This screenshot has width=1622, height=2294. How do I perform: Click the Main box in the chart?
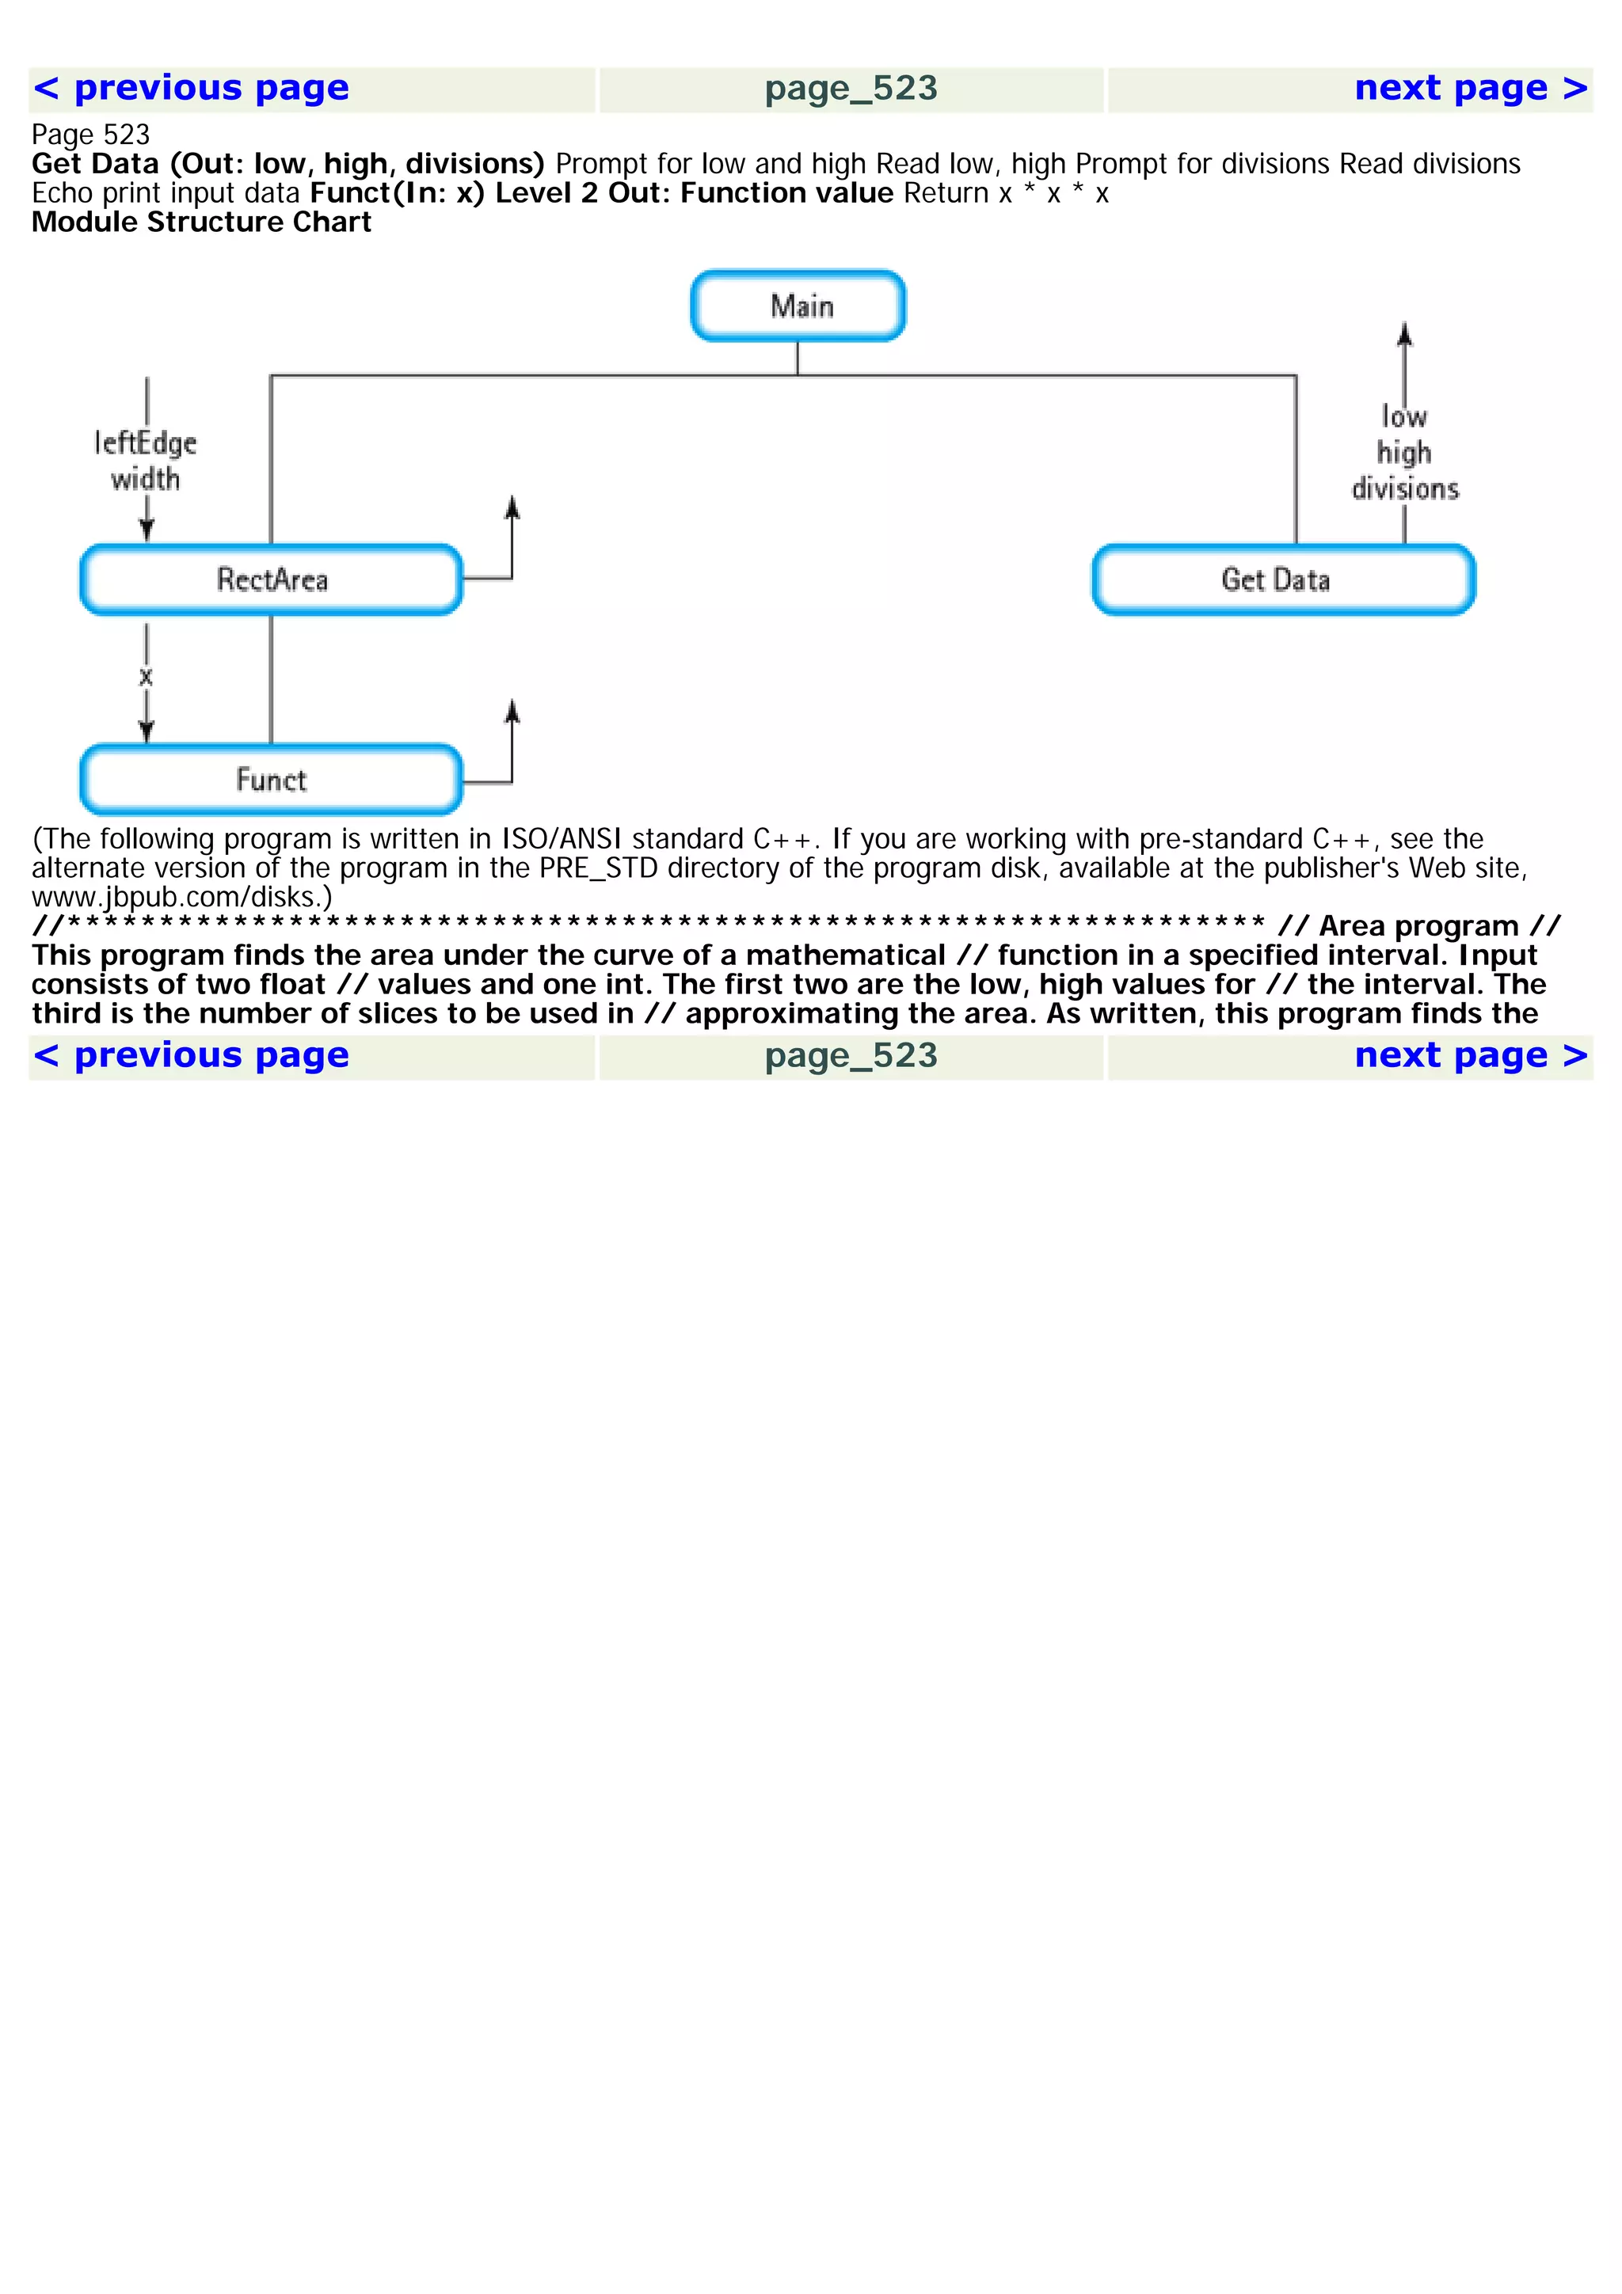click(x=798, y=306)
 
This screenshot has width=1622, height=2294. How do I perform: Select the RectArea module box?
click(x=271, y=579)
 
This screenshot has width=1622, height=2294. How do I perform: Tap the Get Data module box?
click(x=1283, y=579)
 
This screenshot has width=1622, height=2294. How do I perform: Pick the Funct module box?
click(x=271, y=780)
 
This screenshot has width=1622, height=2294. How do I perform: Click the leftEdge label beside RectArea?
click(x=146, y=442)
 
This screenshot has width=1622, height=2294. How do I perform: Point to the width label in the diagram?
click(x=146, y=480)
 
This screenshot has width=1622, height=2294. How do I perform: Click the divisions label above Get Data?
click(x=1405, y=488)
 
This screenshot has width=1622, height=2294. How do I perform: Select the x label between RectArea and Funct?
click(x=146, y=677)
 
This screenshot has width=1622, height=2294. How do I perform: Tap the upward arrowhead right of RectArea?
click(x=512, y=507)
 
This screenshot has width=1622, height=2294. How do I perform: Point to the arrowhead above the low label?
click(x=1405, y=335)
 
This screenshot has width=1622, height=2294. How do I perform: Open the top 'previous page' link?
click(x=192, y=88)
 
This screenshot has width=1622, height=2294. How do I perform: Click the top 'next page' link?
click(x=1470, y=88)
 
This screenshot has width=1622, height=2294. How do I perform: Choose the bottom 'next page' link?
click(x=1470, y=1055)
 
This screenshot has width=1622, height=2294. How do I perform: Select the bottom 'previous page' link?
click(x=192, y=1055)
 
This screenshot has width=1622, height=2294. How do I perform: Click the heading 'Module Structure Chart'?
click(x=201, y=222)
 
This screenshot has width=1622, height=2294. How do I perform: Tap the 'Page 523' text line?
click(x=91, y=135)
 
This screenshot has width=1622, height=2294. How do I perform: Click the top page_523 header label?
click(x=851, y=89)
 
